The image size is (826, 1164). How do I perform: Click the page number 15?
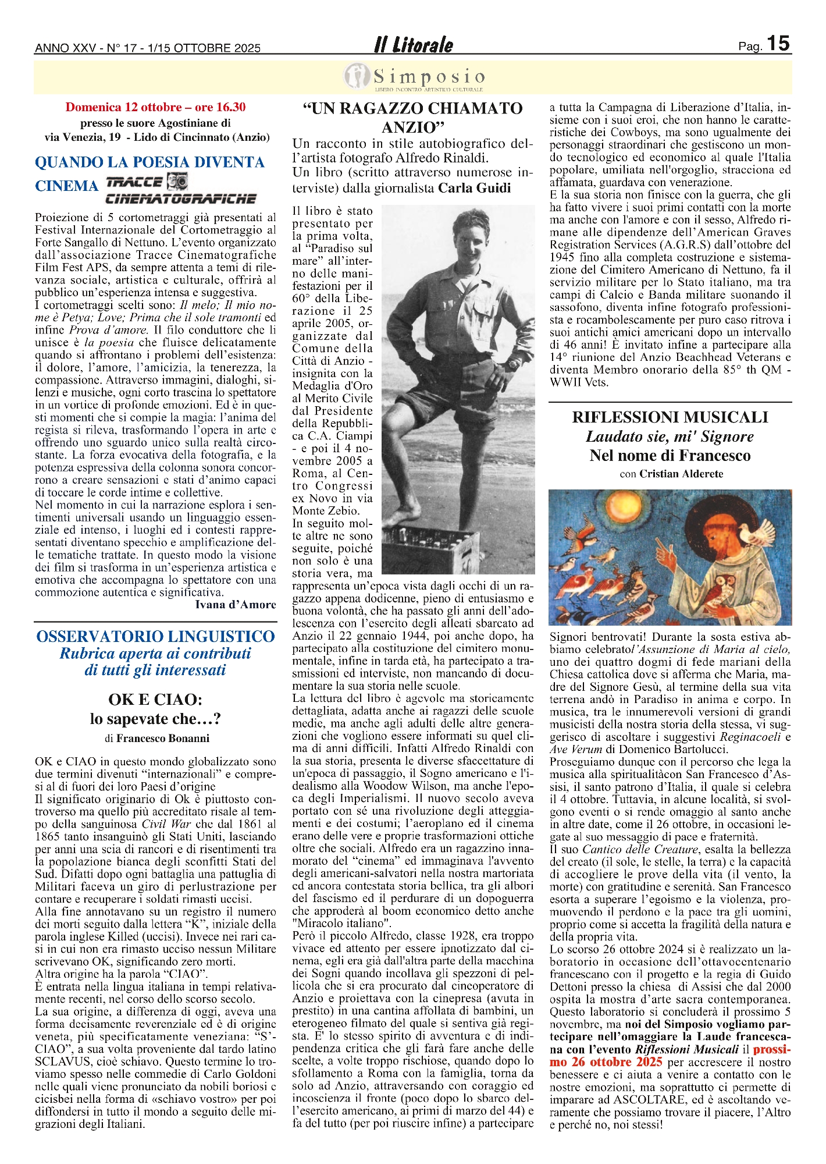pyautogui.click(x=778, y=44)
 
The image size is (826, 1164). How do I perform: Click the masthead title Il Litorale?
pyautogui.click(x=413, y=45)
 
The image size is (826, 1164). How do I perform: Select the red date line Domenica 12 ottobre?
pyautogui.click(x=155, y=107)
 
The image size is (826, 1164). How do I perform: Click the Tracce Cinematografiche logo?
pyautogui.click(x=180, y=189)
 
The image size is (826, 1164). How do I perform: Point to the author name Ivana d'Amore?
pyautogui.click(x=235, y=605)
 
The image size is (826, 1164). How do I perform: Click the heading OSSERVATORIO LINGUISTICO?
pyautogui.click(x=155, y=636)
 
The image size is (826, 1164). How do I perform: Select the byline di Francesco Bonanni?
pyautogui.click(x=156, y=739)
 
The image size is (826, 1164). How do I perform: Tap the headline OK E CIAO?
pyautogui.click(x=155, y=700)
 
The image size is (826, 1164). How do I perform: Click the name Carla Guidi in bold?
pyautogui.click(x=474, y=188)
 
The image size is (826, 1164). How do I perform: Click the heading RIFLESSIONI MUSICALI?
pyautogui.click(x=670, y=417)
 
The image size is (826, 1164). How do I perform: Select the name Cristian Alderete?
pyautogui.click(x=681, y=474)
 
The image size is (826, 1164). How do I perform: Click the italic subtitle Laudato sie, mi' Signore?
pyautogui.click(x=670, y=436)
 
